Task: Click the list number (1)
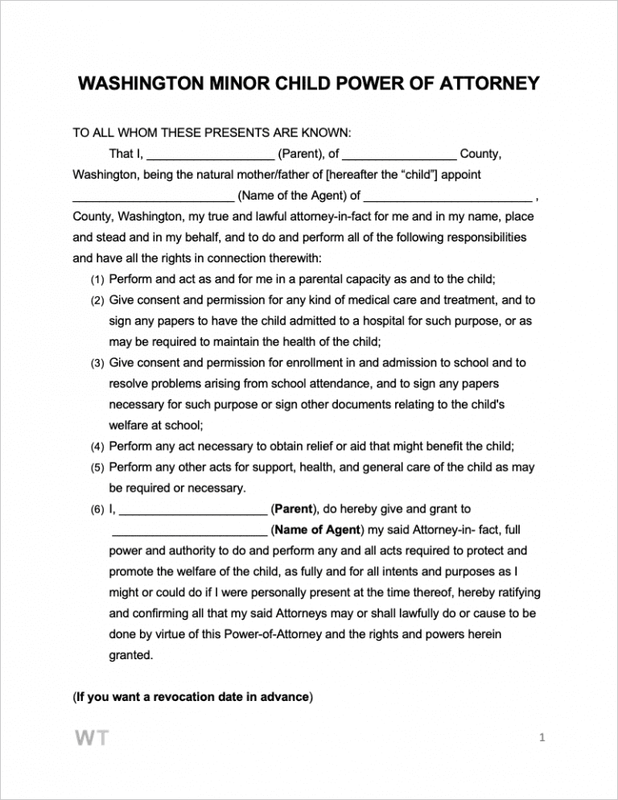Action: coord(97,280)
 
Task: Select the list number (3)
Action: coord(97,364)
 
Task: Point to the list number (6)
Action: coord(97,509)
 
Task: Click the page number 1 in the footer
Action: coord(542,738)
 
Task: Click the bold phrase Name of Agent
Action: coord(318,530)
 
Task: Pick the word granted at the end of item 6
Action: coord(130,655)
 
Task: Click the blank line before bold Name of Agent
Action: coord(189,530)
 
